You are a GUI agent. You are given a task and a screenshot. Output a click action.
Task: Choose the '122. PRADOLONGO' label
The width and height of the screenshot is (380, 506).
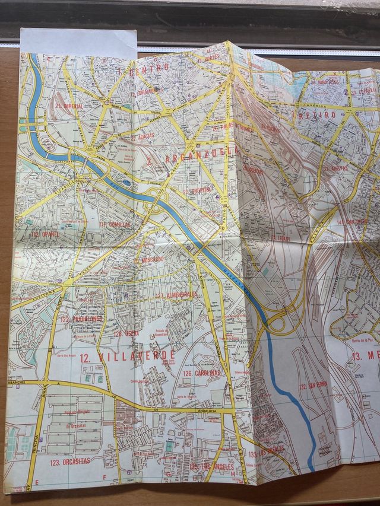click(x=81, y=319)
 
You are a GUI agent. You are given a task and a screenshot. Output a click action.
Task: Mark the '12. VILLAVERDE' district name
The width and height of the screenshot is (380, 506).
click(x=127, y=357)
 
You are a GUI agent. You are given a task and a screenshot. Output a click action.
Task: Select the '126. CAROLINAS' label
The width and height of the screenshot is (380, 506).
click(x=201, y=373)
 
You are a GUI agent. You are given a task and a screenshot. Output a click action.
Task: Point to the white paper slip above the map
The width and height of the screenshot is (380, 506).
click(x=78, y=43)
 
